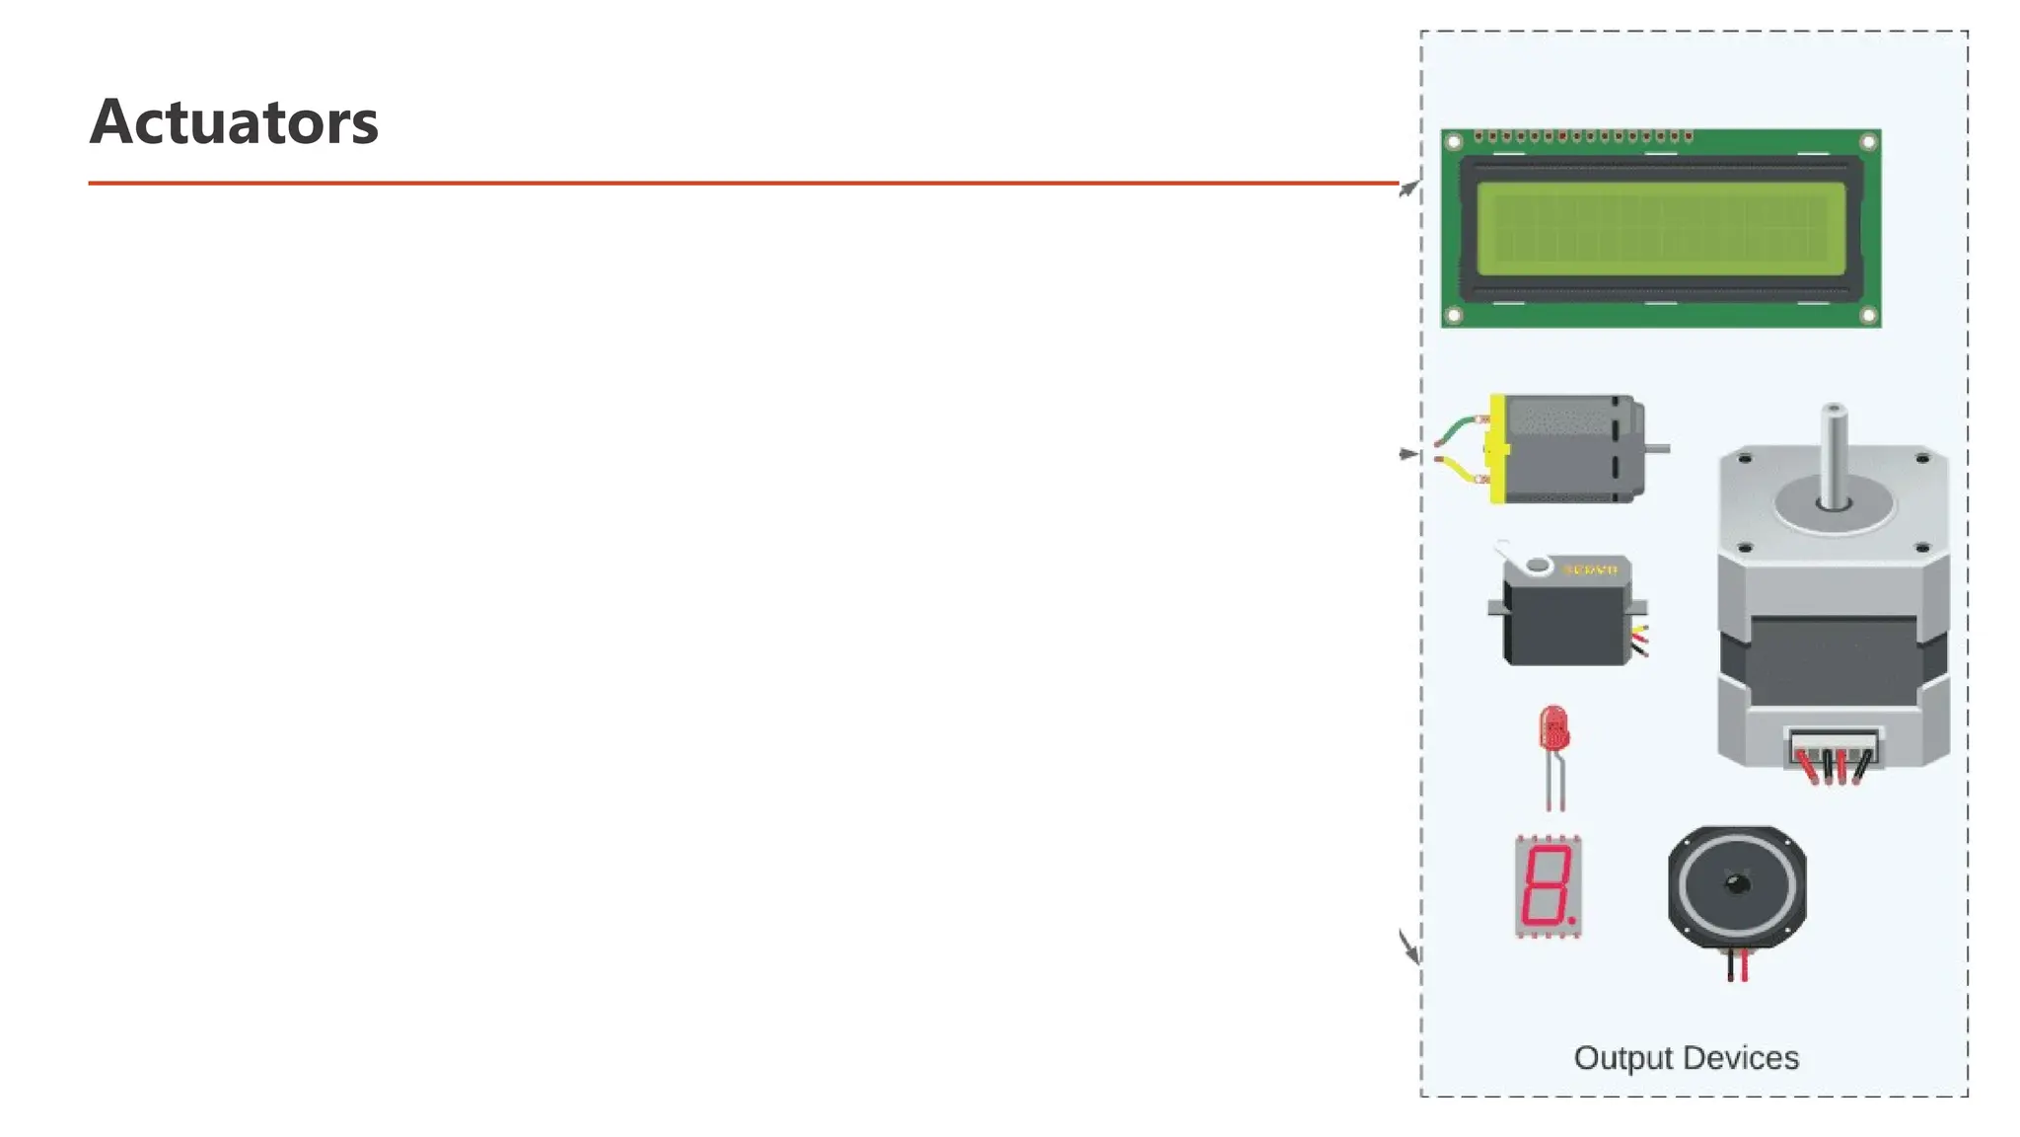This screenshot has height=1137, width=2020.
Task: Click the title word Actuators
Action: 234,121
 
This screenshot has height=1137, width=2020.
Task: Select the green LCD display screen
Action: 1661,228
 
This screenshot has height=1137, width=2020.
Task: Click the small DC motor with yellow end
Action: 1568,449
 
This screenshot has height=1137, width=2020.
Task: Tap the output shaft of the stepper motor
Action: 1834,454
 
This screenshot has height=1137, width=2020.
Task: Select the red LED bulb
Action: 1553,730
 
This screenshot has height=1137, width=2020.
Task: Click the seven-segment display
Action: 1549,886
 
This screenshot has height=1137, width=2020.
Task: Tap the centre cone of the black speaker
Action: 1737,884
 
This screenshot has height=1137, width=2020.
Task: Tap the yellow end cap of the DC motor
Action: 1497,449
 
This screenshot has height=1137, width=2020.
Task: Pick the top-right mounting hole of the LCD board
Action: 1868,142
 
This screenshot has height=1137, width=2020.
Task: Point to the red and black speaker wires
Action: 1737,965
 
